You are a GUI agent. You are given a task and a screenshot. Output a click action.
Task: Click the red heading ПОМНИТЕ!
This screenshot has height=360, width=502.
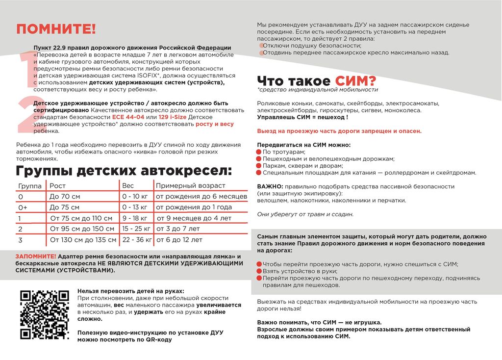56,29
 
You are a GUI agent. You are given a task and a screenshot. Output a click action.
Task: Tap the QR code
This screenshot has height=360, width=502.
44,314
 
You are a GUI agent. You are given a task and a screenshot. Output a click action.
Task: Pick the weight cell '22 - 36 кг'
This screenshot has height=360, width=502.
137,240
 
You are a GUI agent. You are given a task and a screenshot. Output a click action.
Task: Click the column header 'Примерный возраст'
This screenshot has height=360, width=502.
190,186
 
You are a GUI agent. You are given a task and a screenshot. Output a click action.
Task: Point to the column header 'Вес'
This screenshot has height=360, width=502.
127,186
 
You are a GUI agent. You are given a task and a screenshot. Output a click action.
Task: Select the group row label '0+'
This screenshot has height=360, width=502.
23,207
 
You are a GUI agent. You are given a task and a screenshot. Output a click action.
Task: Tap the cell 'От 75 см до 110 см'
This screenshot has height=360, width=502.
81,218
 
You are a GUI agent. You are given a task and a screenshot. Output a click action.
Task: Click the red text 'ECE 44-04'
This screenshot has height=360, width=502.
128,118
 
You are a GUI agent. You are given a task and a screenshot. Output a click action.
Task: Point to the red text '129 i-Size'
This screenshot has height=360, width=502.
173,118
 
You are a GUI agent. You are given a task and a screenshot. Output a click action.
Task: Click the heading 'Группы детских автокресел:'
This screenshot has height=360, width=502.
124,171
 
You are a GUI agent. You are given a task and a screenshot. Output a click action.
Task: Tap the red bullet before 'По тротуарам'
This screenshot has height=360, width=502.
259,152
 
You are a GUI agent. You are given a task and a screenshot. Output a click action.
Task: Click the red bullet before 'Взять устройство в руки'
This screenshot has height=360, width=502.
259,271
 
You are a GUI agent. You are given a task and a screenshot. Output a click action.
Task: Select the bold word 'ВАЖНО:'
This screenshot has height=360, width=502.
270,186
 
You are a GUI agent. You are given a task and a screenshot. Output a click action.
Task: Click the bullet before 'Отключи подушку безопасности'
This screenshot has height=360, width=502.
261,46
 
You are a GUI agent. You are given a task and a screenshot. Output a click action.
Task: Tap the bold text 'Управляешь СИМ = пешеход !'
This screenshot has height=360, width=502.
302,118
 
